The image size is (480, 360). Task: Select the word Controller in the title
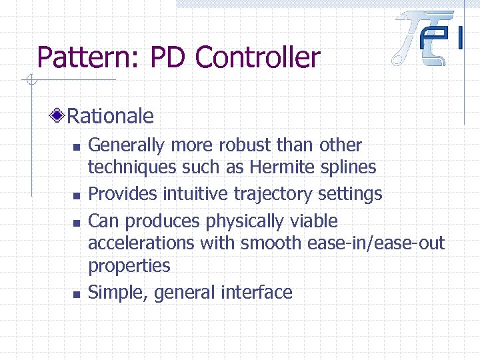(258, 58)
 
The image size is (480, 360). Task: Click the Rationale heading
(111, 117)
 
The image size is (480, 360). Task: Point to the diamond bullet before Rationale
(59, 117)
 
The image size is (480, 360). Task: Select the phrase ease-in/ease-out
(376, 243)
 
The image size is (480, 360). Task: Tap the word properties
(129, 265)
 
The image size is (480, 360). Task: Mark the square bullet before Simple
(77, 293)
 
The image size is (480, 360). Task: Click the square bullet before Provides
(77, 195)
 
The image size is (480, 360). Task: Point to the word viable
(315, 221)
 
